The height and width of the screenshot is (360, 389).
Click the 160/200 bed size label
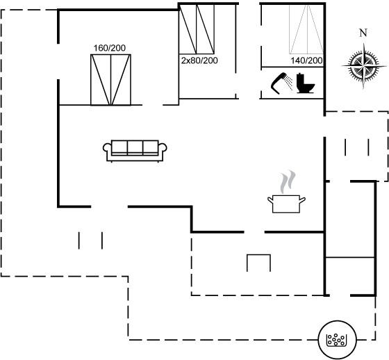[x=110, y=48]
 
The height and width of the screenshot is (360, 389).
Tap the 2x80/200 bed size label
[x=199, y=60]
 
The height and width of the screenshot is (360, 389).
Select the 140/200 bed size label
[x=306, y=60]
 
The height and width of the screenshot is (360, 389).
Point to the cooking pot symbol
[x=286, y=204]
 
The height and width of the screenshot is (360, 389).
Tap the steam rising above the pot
[x=288, y=182]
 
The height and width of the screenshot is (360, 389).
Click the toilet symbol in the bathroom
[x=306, y=83]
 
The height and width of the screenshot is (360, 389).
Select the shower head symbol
[x=279, y=83]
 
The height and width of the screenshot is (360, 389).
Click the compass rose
[x=364, y=66]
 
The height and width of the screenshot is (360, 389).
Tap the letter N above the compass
[x=363, y=33]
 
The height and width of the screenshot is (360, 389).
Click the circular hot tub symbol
[x=337, y=340]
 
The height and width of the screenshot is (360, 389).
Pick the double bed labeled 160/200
[x=110, y=80]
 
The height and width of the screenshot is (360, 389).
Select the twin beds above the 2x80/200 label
[x=197, y=28]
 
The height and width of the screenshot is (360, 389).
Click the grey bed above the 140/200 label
[x=306, y=29]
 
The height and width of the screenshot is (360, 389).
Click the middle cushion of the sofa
[x=135, y=148]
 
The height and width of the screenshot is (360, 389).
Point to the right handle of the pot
[x=302, y=200]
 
